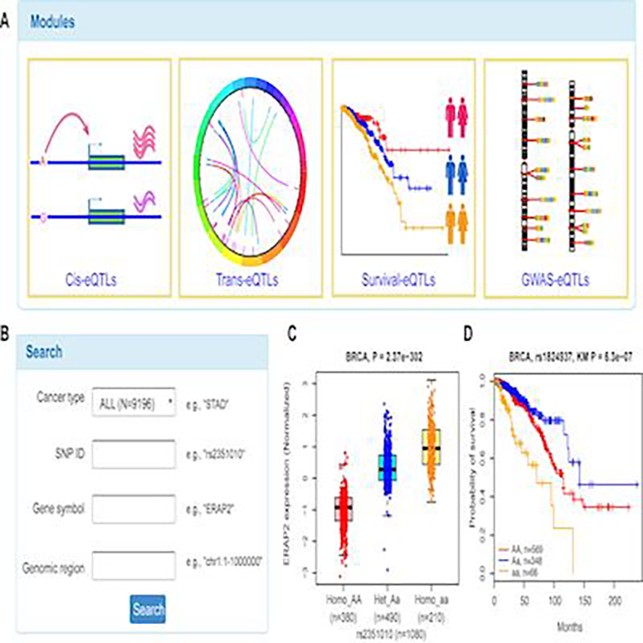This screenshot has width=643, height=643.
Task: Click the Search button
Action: [148, 609]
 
